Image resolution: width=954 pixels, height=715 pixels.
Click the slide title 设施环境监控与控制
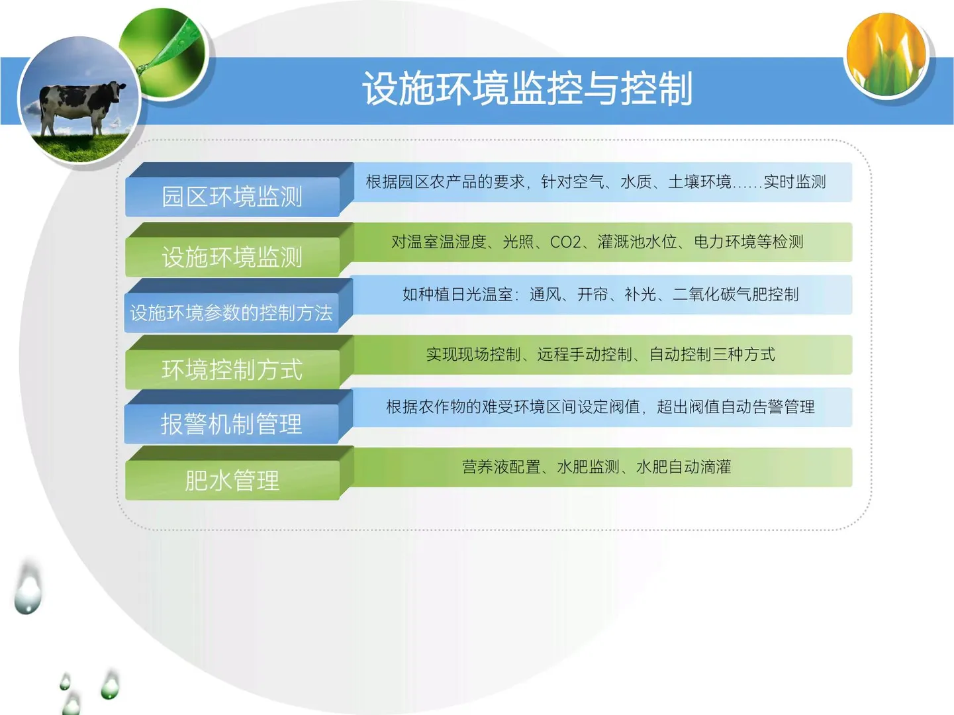coord(527,89)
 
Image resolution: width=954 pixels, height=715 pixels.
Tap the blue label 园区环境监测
coord(232,197)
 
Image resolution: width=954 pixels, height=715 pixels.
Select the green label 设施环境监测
coord(232,257)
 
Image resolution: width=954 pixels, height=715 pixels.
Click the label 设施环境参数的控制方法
coord(231,312)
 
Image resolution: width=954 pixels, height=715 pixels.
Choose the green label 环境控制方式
coord(232,369)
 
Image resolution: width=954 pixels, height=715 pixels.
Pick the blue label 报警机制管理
coord(231,424)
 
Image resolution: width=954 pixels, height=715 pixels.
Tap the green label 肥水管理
coord(232,481)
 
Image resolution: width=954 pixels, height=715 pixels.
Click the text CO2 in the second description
coord(565,242)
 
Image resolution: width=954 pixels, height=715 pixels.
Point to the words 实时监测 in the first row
coord(794,182)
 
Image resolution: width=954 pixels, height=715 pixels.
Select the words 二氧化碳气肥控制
coord(736,295)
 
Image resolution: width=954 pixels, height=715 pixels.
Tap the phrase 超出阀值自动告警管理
coord(736,407)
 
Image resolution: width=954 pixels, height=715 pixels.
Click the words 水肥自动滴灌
coord(683,467)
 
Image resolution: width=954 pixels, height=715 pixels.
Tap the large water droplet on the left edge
coord(28,589)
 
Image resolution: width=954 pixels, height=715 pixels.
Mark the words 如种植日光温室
coord(457,295)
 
